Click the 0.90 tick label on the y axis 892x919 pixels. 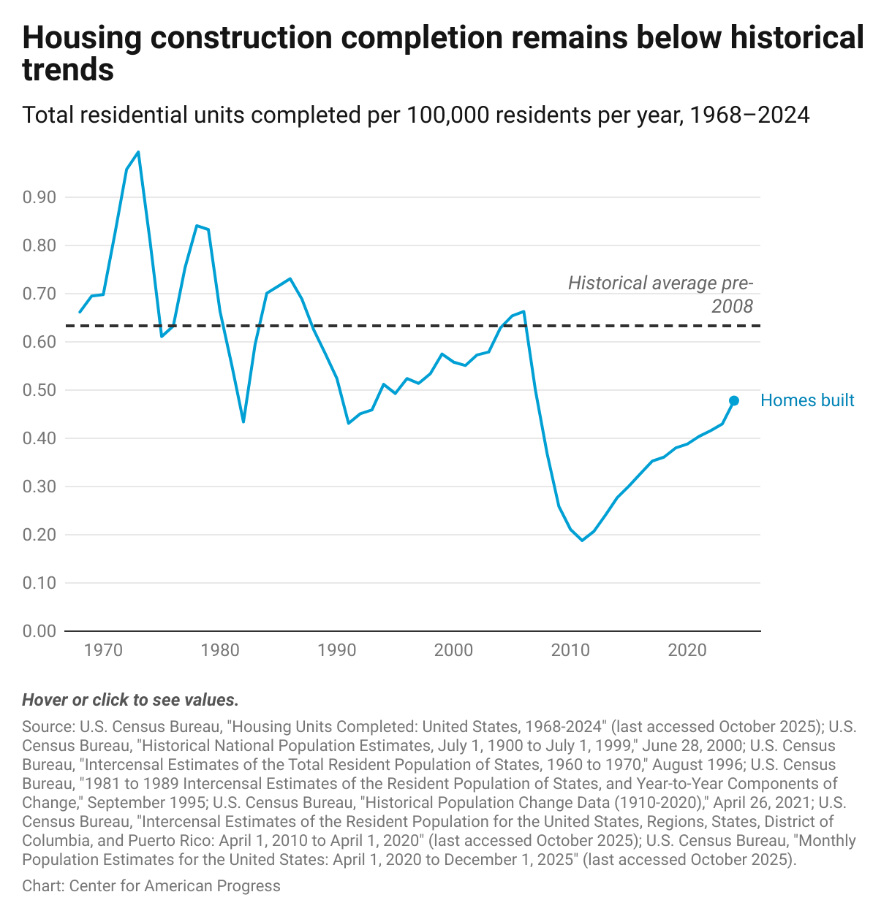pyautogui.click(x=39, y=197)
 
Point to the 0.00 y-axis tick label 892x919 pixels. pyautogui.click(x=39, y=631)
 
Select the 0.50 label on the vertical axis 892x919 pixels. pyautogui.click(x=39, y=390)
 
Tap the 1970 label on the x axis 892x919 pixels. pyautogui.click(x=103, y=650)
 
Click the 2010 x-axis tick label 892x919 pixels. pyautogui.click(x=570, y=650)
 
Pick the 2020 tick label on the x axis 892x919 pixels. pyautogui.click(x=687, y=650)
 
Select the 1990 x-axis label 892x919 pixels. pyautogui.click(x=336, y=650)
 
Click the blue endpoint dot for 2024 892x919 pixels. pyautogui.click(x=734, y=400)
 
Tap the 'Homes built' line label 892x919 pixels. pyautogui.click(x=807, y=400)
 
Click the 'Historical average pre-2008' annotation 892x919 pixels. pyautogui.click(x=660, y=294)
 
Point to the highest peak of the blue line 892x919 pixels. pyautogui.click(x=138, y=152)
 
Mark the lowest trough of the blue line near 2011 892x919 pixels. pyautogui.click(x=582, y=541)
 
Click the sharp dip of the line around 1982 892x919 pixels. pyautogui.click(x=243, y=422)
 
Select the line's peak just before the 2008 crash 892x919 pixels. pyautogui.click(x=524, y=311)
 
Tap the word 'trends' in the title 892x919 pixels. pyautogui.click(x=68, y=70)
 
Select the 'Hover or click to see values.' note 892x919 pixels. pyautogui.click(x=130, y=700)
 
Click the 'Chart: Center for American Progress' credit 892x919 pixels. pyautogui.click(x=151, y=886)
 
